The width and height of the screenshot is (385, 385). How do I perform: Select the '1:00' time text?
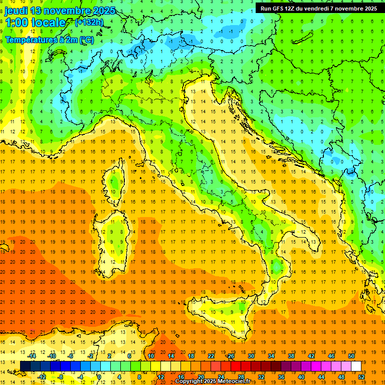16,23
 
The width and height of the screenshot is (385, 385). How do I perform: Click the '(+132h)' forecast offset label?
89,22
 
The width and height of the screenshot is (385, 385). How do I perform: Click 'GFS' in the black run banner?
279,9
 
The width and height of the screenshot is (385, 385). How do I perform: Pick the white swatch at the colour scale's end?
356,366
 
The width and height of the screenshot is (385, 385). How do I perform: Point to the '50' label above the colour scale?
351,355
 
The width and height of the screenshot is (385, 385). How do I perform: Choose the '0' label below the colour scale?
99,377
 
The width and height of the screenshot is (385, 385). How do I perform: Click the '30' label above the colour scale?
251,355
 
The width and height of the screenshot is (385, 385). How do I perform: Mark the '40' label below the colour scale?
300,377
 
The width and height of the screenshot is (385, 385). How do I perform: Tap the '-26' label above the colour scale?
230,355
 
